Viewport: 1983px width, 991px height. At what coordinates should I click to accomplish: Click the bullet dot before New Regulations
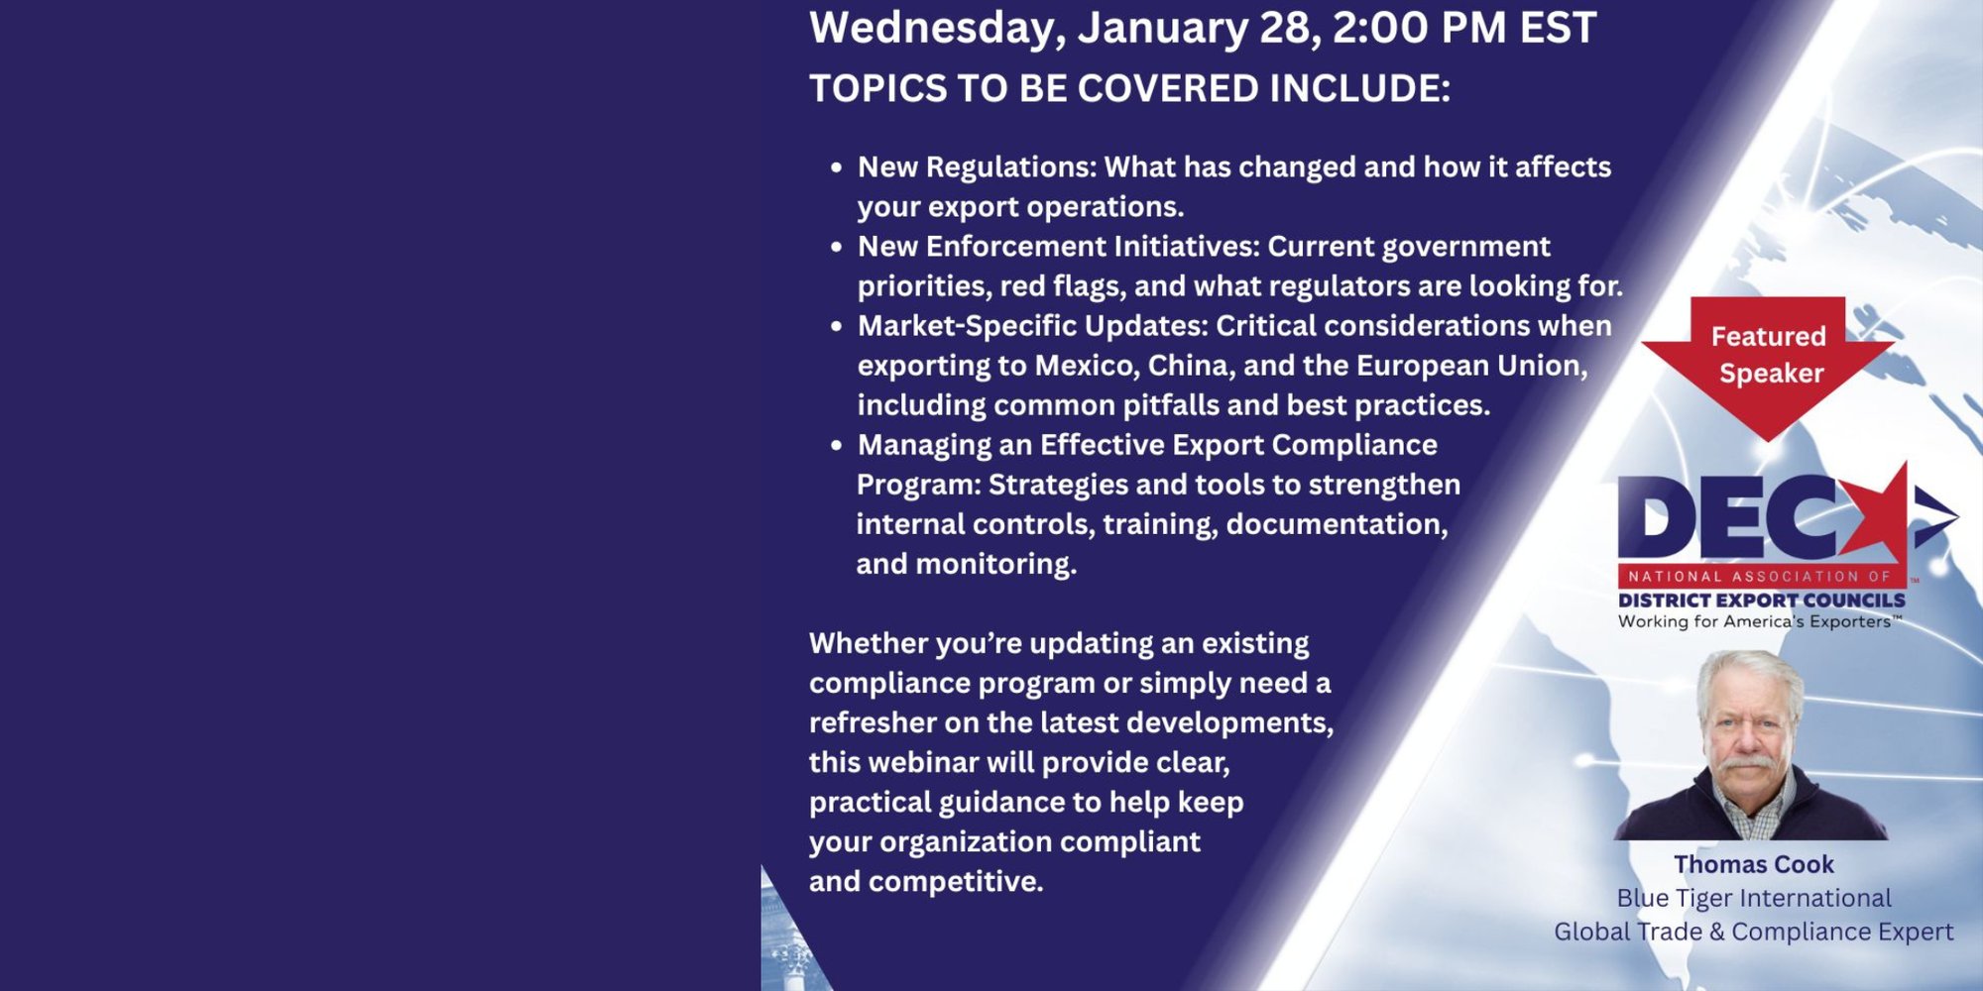point(837,167)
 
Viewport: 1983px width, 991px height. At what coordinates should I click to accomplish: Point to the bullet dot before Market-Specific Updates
point(837,326)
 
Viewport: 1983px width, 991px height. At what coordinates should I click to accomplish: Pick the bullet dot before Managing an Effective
point(837,445)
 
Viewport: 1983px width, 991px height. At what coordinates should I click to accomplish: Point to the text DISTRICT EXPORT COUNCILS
point(1762,601)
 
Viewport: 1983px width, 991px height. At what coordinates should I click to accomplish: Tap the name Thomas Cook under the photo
point(1754,864)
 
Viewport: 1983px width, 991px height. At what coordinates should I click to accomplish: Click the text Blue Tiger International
point(1754,898)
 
